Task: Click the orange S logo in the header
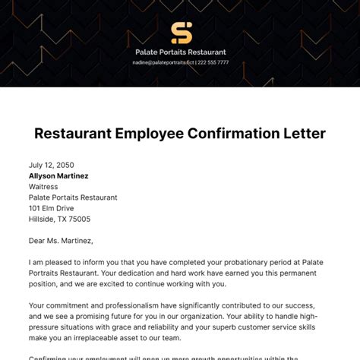pos(181,33)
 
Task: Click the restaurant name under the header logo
pos(180,52)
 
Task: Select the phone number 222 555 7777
pos(214,62)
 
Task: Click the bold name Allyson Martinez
pos(58,175)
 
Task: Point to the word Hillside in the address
pos(43,219)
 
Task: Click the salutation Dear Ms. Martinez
pos(61,241)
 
